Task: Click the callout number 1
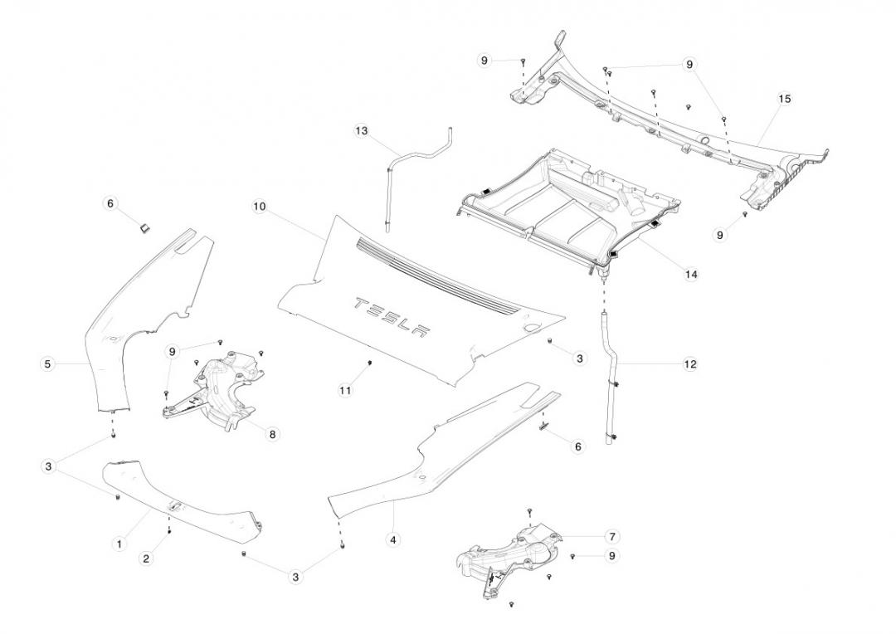click(x=119, y=544)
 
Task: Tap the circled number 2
click(x=146, y=558)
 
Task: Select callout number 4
click(x=393, y=539)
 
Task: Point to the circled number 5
click(x=47, y=363)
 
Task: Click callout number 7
click(x=612, y=536)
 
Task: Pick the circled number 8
click(x=273, y=434)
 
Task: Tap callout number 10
click(x=260, y=206)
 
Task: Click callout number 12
click(x=690, y=364)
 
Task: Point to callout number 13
click(x=361, y=131)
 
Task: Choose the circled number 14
click(x=691, y=274)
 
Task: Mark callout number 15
click(x=785, y=99)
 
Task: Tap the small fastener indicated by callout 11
click(x=369, y=363)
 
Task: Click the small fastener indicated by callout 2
click(x=169, y=531)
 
